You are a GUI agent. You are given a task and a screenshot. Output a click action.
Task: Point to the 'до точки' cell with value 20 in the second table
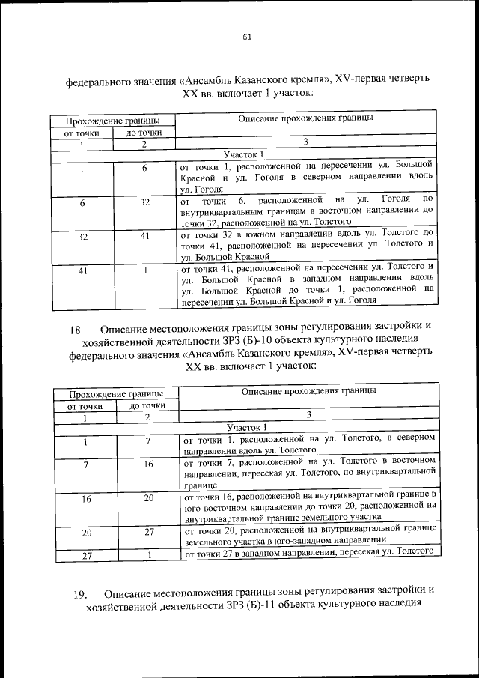click(x=147, y=498)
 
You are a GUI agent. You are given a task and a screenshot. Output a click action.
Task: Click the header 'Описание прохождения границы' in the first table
click(x=305, y=118)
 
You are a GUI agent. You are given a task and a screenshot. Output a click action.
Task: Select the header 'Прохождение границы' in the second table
click(x=114, y=393)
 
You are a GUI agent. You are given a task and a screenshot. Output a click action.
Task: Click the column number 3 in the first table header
click(x=305, y=142)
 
